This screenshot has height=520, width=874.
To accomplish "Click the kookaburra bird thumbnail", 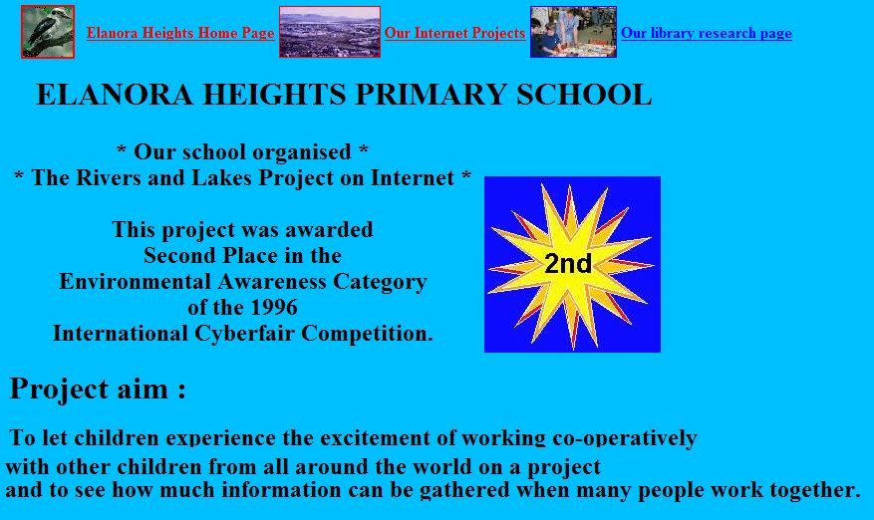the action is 48,32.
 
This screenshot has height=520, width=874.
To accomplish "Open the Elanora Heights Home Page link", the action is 180,33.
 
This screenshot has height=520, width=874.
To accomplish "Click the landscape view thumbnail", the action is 330,32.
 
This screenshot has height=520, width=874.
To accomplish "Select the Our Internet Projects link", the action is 454,33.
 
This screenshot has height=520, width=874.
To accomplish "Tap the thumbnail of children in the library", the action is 574,32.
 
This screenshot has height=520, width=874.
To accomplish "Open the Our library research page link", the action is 707,33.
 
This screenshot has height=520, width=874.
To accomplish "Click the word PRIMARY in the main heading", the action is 431,95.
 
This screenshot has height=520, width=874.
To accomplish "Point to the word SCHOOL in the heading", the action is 584,95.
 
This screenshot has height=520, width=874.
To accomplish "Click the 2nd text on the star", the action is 568,264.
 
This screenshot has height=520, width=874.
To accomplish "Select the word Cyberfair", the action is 245,334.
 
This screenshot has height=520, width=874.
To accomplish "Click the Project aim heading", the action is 98,389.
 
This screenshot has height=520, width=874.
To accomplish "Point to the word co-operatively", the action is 624,438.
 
